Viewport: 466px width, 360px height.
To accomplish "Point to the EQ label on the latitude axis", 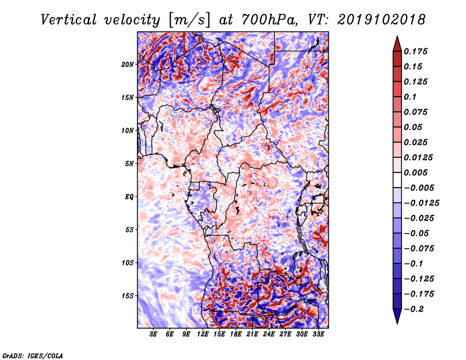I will point(129,196).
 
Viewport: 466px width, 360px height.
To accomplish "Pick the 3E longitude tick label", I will point(154,334).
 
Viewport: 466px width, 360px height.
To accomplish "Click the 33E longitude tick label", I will point(318,334).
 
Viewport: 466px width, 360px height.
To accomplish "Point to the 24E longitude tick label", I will point(269,334).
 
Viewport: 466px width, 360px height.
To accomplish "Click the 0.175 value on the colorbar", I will point(418,51).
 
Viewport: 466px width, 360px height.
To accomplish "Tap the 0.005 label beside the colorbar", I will point(418,172).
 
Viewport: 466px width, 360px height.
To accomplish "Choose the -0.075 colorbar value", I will point(420,248).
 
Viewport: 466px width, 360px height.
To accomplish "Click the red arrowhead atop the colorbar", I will point(396,44).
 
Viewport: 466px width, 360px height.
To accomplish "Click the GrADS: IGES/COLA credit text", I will point(33,355).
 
